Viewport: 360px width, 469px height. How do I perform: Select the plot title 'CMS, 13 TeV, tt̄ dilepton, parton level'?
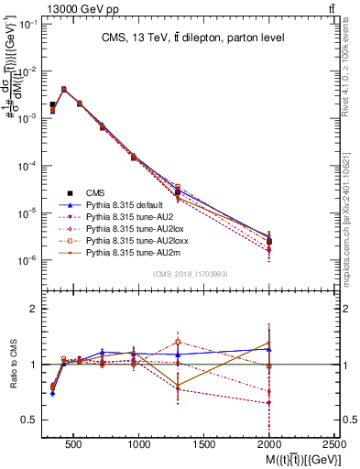192,38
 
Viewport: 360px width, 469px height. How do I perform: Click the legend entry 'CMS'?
96,191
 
